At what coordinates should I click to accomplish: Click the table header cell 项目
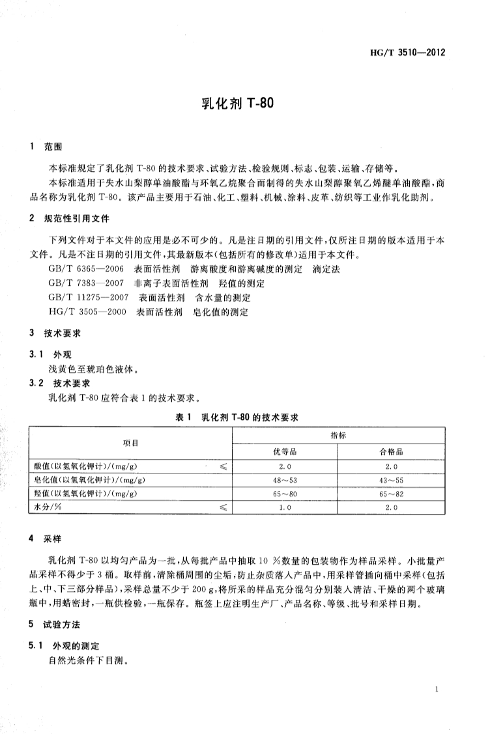(x=131, y=443)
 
